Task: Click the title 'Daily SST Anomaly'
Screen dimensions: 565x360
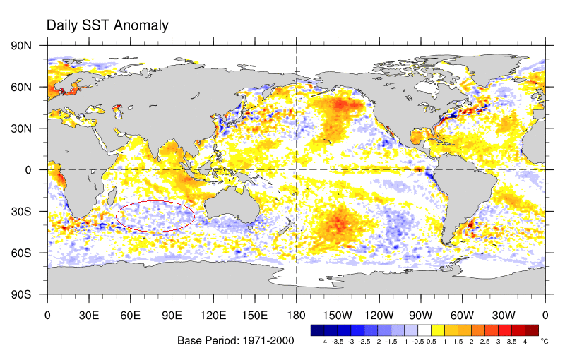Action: [107, 25]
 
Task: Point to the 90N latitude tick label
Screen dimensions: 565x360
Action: [21, 46]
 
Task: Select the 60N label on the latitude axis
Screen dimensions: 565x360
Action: [21, 87]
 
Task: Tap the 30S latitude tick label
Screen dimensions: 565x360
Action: [21, 211]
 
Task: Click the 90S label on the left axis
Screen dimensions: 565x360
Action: [21, 294]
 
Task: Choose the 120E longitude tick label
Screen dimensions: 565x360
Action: [213, 316]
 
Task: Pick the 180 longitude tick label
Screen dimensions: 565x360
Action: [296, 316]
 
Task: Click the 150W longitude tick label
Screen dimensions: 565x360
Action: [338, 316]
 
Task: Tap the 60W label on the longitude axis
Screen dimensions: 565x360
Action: [463, 316]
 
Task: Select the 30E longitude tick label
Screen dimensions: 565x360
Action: [89, 316]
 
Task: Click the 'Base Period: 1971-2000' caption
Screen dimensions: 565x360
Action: [236, 340]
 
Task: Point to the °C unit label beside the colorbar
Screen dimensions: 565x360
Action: [544, 341]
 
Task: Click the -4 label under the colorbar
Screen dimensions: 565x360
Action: [323, 341]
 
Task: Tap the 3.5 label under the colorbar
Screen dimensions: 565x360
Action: [511, 341]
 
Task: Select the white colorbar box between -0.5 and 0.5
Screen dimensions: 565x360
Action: [424, 330]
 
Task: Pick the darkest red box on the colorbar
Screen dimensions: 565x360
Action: [532, 330]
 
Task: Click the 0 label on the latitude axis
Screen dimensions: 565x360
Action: [28, 170]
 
